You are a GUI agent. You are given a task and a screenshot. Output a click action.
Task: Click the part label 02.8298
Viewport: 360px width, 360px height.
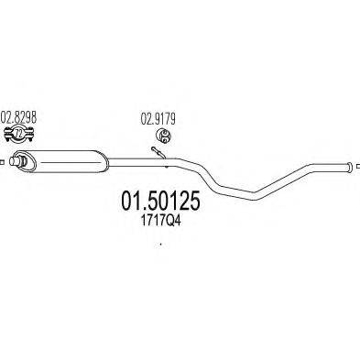coord(19,118)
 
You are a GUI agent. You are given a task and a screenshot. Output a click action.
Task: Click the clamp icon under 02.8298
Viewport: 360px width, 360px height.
coord(19,136)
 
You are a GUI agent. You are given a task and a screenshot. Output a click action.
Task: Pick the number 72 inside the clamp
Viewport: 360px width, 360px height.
coord(19,136)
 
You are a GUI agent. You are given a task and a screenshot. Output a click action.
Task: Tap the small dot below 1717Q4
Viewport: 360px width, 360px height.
coord(160,245)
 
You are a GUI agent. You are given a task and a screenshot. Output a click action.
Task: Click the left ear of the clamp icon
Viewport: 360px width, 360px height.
coord(9,136)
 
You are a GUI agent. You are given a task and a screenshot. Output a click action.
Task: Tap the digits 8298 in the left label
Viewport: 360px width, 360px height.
coord(25,118)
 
